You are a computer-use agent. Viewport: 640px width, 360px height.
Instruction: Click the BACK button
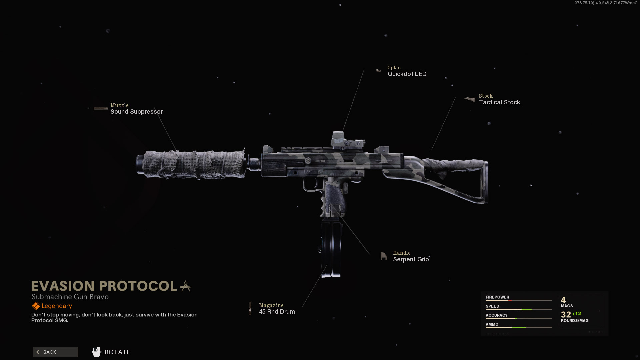click(x=55, y=352)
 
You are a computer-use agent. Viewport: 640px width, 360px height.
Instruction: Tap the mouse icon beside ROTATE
click(x=97, y=352)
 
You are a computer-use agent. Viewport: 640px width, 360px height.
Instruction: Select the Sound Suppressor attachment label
click(x=136, y=112)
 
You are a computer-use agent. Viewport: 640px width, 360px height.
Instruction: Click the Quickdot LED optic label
click(x=407, y=74)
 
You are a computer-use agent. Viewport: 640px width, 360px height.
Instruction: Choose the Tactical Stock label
click(x=499, y=102)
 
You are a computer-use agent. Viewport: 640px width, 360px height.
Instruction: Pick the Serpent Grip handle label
click(x=411, y=259)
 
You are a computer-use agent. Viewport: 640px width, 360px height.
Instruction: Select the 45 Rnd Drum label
click(x=277, y=312)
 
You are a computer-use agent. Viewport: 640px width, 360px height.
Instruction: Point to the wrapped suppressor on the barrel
click(x=192, y=164)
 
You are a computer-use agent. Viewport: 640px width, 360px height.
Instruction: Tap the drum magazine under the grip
click(x=331, y=248)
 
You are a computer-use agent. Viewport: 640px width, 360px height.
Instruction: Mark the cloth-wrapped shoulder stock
click(x=447, y=175)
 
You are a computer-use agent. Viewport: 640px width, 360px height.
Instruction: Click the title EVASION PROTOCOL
click(x=104, y=286)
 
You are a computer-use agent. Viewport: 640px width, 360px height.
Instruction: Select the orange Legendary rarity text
click(x=57, y=306)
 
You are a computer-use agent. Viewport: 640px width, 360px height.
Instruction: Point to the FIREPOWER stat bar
click(x=519, y=300)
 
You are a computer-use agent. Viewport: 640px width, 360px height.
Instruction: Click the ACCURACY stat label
click(x=496, y=315)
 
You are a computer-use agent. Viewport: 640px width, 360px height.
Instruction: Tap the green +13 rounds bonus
click(x=576, y=314)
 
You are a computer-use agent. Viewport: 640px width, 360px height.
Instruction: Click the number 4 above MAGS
click(x=563, y=300)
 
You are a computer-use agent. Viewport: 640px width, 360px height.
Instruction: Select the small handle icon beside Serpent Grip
click(x=384, y=256)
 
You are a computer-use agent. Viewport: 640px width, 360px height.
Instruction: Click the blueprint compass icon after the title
click(x=186, y=286)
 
